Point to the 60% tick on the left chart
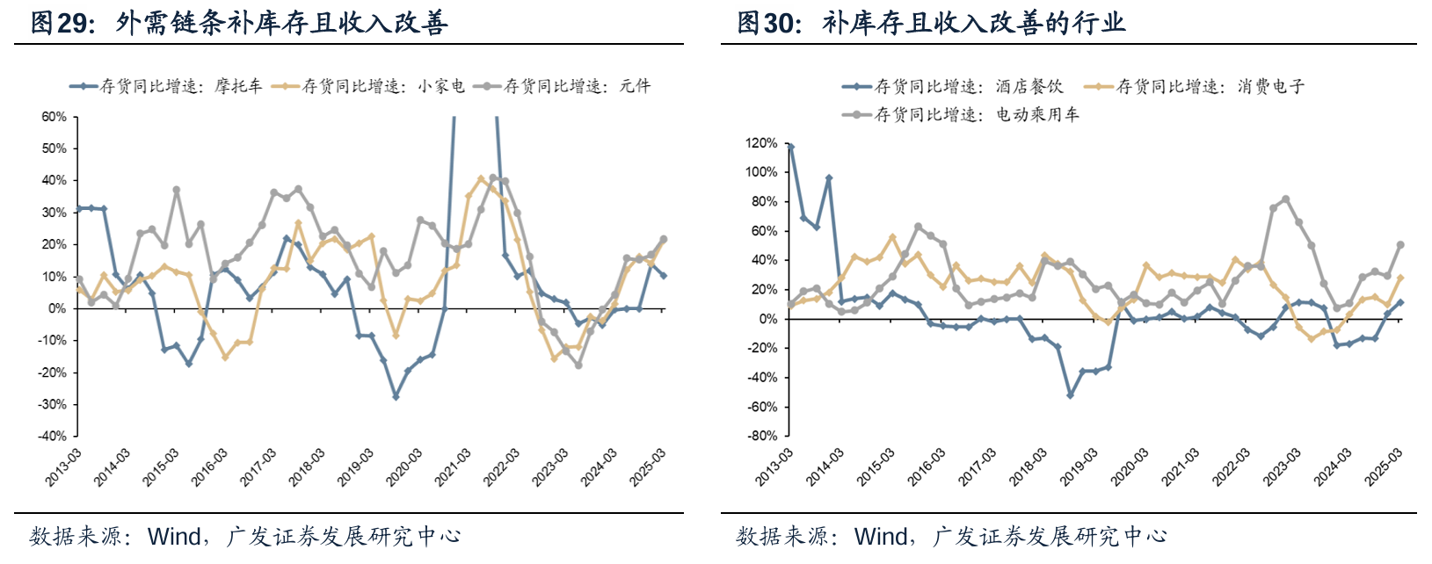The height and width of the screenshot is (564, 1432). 54,117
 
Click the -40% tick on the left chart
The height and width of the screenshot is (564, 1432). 52,436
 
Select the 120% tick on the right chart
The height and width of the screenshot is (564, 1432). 760,143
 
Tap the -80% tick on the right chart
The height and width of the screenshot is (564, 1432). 761,436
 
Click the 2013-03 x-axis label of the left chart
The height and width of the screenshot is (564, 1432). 64,467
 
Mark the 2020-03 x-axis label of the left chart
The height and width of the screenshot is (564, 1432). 405,467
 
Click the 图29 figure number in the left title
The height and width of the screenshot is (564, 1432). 62,23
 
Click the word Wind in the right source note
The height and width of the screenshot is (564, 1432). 882,536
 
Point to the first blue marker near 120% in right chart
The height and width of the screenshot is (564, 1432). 790,148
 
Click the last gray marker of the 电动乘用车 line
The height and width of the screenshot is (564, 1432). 1400,245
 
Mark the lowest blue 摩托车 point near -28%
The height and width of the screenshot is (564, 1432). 396,397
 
